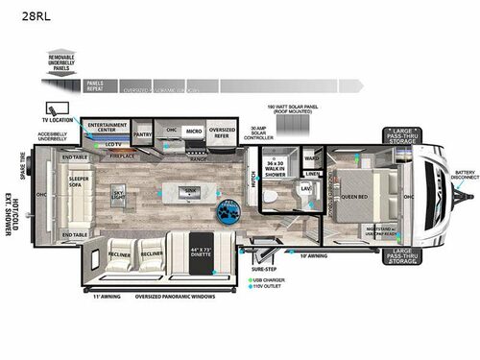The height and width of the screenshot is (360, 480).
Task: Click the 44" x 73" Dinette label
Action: pos(201,253)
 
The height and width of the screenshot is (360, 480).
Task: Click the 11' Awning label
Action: pos(103,297)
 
